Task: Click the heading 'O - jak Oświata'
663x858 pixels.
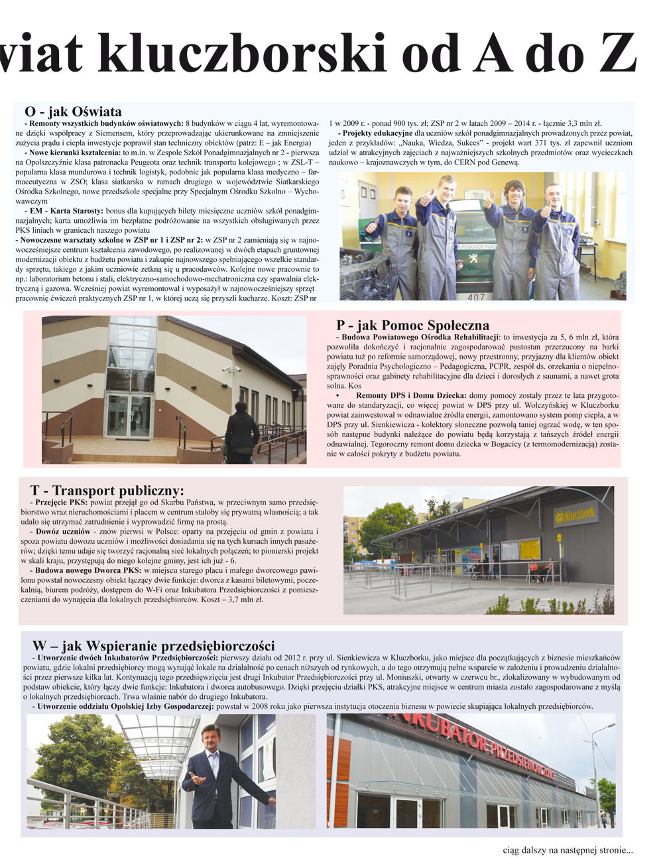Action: [x=73, y=111]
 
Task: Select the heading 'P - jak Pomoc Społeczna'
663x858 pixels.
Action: [x=412, y=325]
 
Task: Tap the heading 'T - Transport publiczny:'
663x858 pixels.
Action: [x=107, y=491]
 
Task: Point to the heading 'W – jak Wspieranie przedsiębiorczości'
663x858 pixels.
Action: [x=153, y=645]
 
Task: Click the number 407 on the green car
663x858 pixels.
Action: [x=475, y=297]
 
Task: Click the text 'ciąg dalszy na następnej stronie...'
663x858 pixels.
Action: [x=568, y=849]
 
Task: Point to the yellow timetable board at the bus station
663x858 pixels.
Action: [x=530, y=550]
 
